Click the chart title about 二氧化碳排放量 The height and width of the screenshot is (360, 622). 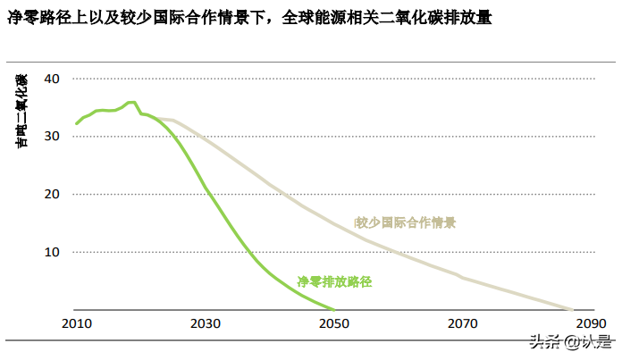[x=249, y=18]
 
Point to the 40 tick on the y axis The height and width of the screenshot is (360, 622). [x=51, y=79]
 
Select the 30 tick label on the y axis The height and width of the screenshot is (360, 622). [x=51, y=137]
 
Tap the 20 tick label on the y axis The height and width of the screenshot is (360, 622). [x=51, y=194]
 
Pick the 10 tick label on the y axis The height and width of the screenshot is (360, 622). [x=51, y=252]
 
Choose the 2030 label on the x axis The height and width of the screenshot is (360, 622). [x=206, y=322]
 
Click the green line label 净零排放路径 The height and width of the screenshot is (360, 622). [x=333, y=281]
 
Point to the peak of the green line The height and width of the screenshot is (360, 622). [x=131, y=102]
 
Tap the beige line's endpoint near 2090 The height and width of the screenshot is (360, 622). [x=572, y=309]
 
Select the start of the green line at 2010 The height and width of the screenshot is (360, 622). [x=76, y=123]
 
